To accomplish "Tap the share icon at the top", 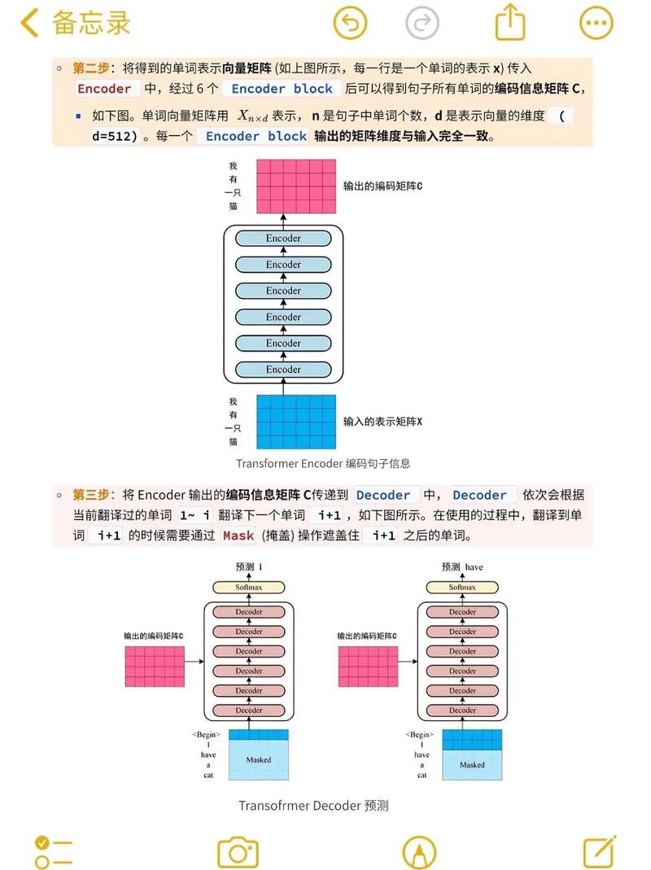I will pos(509,22).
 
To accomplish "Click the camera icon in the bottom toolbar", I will pos(238,852).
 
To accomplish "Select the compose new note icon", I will pos(600,851).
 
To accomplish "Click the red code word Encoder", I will pos(105,89).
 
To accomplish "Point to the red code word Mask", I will pos(238,536).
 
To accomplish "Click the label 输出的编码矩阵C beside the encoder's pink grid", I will pos(382,186).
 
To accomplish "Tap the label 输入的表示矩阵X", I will pos(382,422).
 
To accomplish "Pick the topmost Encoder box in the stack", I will pos(283,238).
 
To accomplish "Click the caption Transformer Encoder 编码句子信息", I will pos(323,463).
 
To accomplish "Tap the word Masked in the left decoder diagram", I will pos(259,759).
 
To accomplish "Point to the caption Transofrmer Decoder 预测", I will pos(313,806).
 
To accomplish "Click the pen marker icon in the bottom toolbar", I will pos(419,852).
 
